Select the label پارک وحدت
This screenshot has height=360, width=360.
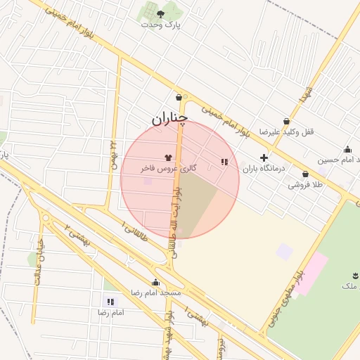coord(160,25)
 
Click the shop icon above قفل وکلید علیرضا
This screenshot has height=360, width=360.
coord(286,121)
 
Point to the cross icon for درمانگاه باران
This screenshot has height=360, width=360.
coord(264,157)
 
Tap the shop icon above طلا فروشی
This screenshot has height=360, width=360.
coord(305,174)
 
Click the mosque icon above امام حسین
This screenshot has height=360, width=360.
coord(347,149)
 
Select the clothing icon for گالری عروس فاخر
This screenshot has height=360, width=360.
coord(168,158)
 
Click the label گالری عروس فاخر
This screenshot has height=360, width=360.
coord(168,169)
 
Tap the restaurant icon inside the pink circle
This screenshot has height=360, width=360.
coord(224,162)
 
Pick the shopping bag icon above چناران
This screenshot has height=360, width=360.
coord(179,98)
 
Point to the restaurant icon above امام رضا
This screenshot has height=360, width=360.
coord(105,301)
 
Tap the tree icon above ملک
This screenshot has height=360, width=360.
coord(349,275)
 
